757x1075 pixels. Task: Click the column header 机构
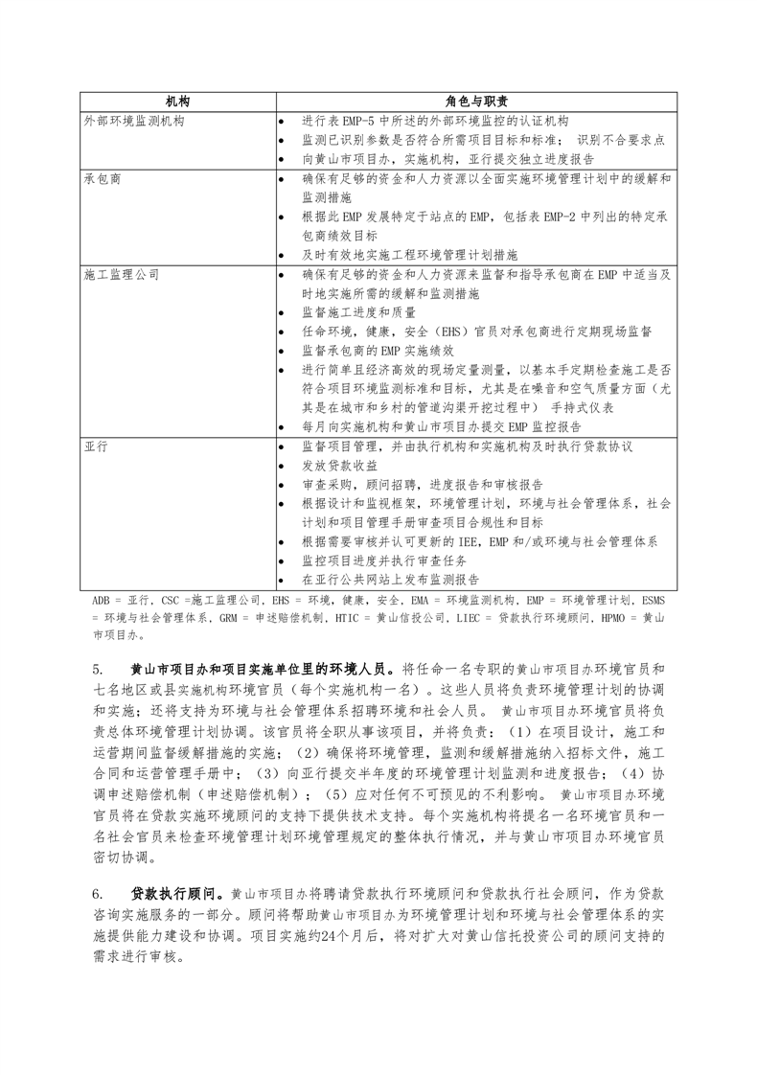pyautogui.click(x=177, y=102)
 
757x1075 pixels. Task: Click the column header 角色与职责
pyautogui.click(x=476, y=102)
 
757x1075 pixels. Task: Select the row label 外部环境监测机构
pyautogui.click(x=134, y=122)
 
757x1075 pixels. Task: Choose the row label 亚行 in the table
pyautogui.click(x=95, y=447)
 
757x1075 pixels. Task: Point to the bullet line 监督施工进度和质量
pyautogui.click(x=359, y=312)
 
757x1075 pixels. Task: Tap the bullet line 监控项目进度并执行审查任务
pyautogui.click(x=386, y=560)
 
